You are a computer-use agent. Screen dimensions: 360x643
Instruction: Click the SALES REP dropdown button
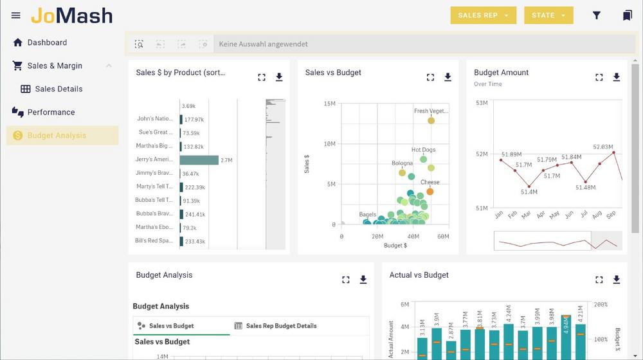coord(483,15)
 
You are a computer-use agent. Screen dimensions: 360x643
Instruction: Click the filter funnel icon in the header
coord(597,15)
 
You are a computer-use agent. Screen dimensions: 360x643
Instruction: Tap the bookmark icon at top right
coord(627,15)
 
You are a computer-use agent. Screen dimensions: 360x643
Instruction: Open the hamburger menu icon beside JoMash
coord(16,15)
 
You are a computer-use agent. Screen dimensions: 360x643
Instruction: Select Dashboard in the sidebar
coord(47,42)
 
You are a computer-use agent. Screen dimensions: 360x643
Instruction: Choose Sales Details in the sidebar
coord(59,89)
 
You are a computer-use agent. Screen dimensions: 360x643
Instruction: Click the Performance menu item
coord(51,112)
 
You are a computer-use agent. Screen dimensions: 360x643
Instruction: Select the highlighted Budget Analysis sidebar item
coord(57,136)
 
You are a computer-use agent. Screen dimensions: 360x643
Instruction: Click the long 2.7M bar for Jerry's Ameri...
coord(199,159)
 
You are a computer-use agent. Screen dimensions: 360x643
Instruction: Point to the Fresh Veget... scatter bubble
coord(431,120)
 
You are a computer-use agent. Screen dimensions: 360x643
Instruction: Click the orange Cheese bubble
coord(430,192)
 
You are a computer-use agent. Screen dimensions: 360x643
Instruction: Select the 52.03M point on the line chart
coord(613,153)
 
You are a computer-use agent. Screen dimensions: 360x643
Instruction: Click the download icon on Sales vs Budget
coord(448,77)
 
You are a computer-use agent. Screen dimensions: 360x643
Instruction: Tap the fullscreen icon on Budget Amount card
coord(599,77)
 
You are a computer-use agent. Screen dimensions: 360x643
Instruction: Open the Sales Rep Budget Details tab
coord(281,326)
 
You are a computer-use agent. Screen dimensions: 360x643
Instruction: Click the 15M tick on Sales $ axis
coord(329,104)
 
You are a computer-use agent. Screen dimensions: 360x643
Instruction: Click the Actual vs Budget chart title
coord(419,275)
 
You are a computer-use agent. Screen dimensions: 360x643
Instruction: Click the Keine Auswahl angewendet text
coord(263,44)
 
